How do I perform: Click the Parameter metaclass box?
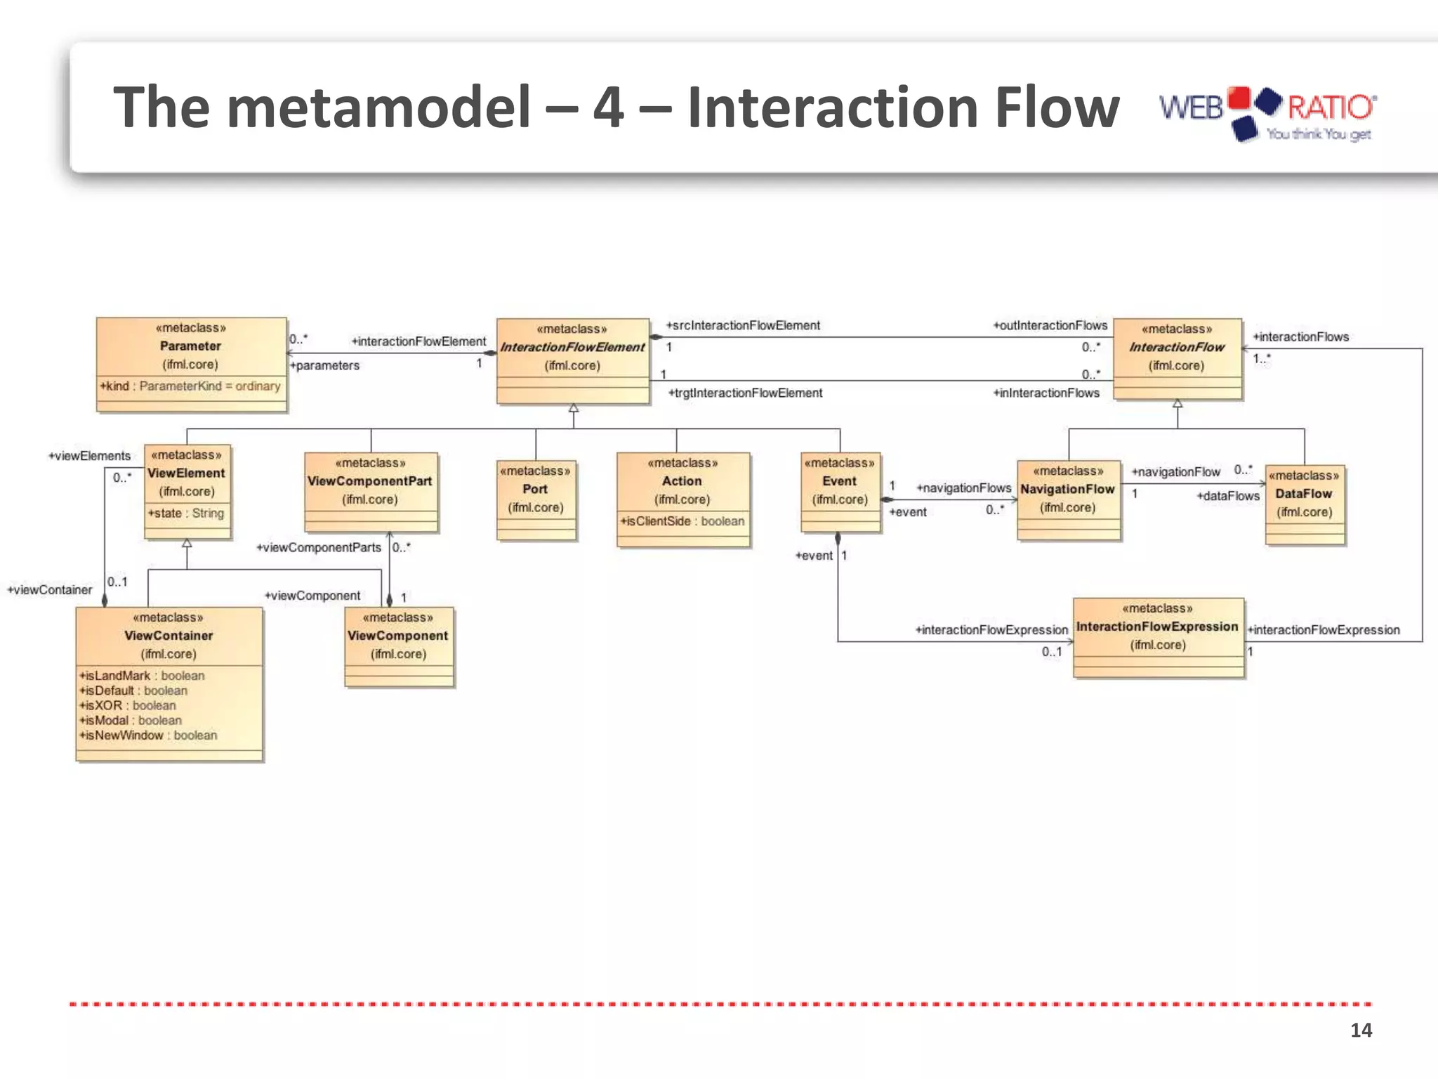pyautogui.click(x=191, y=364)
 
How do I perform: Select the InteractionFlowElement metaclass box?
pyautogui.click(x=572, y=361)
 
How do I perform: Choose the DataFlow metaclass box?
pyautogui.click(x=1305, y=504)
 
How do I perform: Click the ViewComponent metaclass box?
pyautogui.click(x=398, y=646)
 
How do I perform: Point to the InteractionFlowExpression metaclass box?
pyautogui.click(x=1158, y=637)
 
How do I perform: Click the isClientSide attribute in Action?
pyautogui.click(x=682, y=521)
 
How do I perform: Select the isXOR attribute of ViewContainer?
pyautogui.click(x=128, y=705)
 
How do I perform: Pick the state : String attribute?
pyautogui.click(x=186, y=514)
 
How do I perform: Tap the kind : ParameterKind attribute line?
pyautogui.click(x=190, y=386)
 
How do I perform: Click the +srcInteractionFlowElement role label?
pyautogui.click(x=743, y=326)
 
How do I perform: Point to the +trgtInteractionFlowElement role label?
pyautogui.click(x=745, y=393)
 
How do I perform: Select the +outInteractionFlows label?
pyautogui.click(x=1050, y=326)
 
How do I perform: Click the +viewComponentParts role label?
pyautogui.click(x=319, y=548)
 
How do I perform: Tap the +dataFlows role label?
pyautogui.click(x=1228, y=497)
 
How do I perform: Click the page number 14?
pyautogui.click(x=1361, y=1031)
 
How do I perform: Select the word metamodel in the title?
pyautogui.click(x=379, y=107)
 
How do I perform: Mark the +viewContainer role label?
pyautogui.click(x=50, y=590)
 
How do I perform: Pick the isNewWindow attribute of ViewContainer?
pyautogui.click(x=148, y=735)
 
